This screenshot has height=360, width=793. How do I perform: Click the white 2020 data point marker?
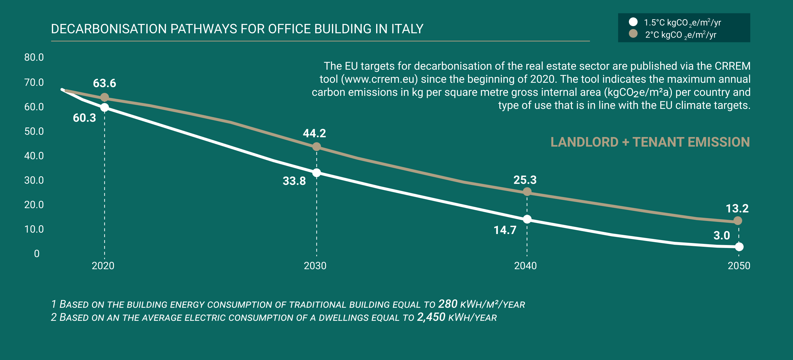click(105, 107)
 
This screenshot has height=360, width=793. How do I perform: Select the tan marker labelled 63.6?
click(105, 97)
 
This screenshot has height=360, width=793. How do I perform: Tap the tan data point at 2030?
click(316, 147)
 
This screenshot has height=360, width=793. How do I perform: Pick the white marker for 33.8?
click(316, 173)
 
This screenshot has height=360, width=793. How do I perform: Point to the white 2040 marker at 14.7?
click(527, 219)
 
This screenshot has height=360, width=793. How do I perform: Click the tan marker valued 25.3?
click(527, 192)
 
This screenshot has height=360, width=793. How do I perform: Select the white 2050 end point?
click(739, 246)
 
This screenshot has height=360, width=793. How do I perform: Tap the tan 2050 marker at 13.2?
click(738, 220)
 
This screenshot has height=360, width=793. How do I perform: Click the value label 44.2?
click(314, 133)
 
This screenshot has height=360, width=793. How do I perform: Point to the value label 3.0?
click(722, 235)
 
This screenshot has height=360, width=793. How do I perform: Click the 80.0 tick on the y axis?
click(34, 57)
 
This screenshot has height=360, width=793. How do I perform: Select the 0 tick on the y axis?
click(37, 253)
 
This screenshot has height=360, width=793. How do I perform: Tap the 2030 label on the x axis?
click(315, 266)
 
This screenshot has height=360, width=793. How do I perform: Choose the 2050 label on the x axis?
click(739, 266)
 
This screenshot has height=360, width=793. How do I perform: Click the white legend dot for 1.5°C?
click(633, 22)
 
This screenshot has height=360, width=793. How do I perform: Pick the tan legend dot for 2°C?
click(633, 34)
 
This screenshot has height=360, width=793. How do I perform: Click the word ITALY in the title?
click(407, 29)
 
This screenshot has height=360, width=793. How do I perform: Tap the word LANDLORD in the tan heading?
click(584, 142)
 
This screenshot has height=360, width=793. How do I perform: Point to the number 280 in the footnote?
click(448, 304)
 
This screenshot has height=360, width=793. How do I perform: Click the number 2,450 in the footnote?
click(431, 317)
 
